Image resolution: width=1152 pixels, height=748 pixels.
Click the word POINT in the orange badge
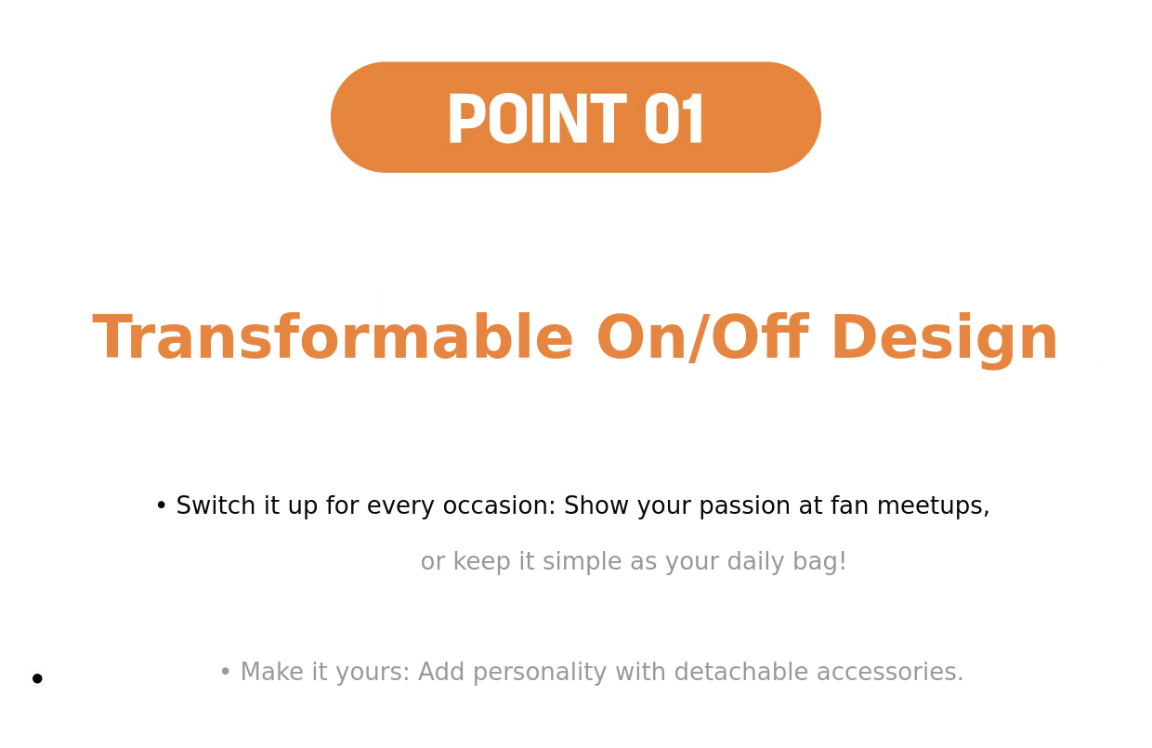click(537, 118)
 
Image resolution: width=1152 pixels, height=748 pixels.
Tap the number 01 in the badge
click(674, 118)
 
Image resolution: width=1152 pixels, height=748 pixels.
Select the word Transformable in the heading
click(333, 337)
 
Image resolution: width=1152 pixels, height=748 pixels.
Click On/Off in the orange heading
click(703, 337)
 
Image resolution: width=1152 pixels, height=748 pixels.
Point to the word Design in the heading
click(945, 339)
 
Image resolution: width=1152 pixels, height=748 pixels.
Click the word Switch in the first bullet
click(216, 505)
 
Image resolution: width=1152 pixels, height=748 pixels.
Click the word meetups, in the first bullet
click(933, 506)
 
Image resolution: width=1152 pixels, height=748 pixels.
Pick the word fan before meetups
click(849, 505)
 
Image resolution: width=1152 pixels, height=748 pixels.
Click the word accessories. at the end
click(890, 673)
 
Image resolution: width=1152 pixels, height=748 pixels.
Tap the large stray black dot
click(37, 678)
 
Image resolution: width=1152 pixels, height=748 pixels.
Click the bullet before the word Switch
click(161, 505)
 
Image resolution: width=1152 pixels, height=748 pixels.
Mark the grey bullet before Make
click(225, 672)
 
